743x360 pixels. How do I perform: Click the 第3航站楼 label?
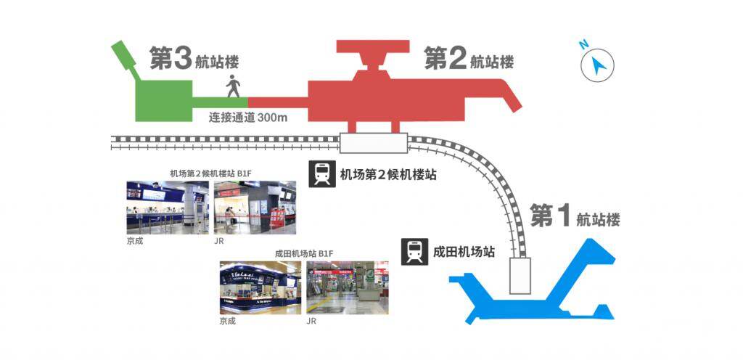pyautogui.click(x=194, y=58)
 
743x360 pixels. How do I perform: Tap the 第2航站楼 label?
pyautogui.click(x=469, y=58)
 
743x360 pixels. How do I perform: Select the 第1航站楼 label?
pyautogui.click(x=575, y=216)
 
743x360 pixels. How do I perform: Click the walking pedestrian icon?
pyautogui.click(x=233, y=86)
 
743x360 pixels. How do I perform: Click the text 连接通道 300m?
pyautogui.click(x=248, y=117)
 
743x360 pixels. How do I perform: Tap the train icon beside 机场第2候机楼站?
pyautogui.click(x=322, y=174)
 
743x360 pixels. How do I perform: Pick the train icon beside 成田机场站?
pyautogui.click(x=414, y=252)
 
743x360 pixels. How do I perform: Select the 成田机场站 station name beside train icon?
pyautogui.click(x=464, y=252)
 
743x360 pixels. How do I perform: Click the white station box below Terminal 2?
pyautogui.click(x=374, y=143)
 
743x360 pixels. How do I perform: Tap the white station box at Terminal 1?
pyautogui.click(x=520, y=276)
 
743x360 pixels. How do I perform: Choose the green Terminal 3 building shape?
pyautogui.click(x=163, y=100)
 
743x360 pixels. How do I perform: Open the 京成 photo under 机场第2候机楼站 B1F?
pyautogui.click(x=168, y=208)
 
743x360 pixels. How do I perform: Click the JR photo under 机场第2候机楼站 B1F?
pyautogui.click(x=255, y=208)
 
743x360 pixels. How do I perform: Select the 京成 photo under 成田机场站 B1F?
pyautogui.click(x=260, y=288)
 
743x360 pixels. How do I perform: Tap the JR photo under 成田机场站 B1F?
pyautogui.click(x=348, y=288)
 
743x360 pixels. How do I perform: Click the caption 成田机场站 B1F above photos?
pyautogui.click(x=304, y=254)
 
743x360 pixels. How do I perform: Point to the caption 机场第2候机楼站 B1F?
pyautogui.click(x=211, y=173)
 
